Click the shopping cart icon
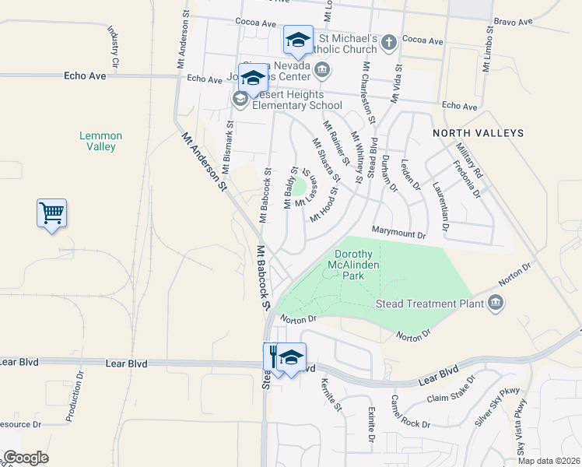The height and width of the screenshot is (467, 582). (x=51, y=212)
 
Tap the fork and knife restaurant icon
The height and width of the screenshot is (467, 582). (x=275, y=356)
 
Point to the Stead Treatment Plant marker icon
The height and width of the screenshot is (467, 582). (x=495, y=303)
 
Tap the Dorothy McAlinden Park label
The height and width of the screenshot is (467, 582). (x=357, y=265)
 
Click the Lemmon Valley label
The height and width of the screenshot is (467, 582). (x=97, y=141)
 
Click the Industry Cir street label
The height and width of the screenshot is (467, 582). (x=114, y=45)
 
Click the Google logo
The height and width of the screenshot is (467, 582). (x=26, y=458)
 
